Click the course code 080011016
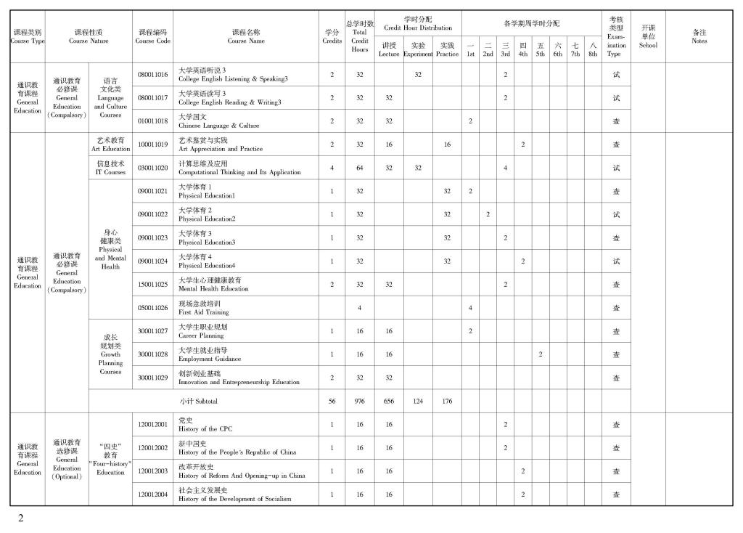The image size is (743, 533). point(152,75)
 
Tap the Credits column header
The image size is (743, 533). point(332,36)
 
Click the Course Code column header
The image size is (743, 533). point(152,36)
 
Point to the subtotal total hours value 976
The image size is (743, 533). point(359,401)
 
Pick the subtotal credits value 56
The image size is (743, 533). point(332,401)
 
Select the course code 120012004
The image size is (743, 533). point(152,495)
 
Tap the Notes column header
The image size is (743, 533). point(699,36)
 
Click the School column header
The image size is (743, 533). point(647,36)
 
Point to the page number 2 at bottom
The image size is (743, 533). point(21,518)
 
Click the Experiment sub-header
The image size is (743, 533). point(418,49)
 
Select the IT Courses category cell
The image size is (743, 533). point(110,168)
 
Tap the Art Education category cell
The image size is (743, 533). point(110,145)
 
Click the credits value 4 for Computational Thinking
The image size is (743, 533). point(332,168)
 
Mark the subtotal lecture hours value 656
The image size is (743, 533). point(389,401)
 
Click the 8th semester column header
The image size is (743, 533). point(593,49)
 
